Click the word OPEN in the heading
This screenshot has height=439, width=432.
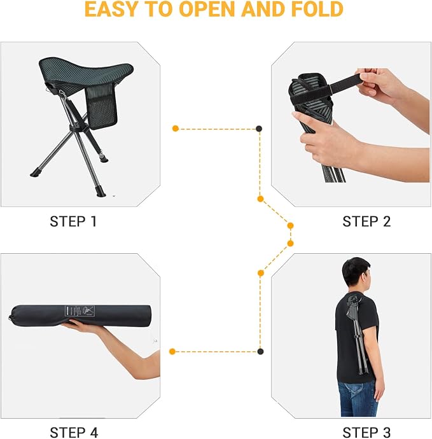click(x=207, y=10)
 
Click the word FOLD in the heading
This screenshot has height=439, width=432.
click(x=317, y=10)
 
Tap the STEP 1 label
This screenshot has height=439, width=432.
click(x=73, y=221)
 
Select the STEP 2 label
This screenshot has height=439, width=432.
click(x=366, y=221)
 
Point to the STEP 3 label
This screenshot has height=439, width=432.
click(x=366, y=432)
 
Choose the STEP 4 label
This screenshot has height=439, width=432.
click(x=74, y=432)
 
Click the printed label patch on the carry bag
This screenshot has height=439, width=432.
click(x=80, y=311)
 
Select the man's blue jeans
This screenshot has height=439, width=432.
click(x=358, y=398)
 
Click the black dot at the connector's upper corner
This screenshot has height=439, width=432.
click(x=259, y=129)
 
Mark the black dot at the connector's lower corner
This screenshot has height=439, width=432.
click(x=260, y=351)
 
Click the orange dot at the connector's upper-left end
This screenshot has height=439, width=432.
click(x=176, y=129)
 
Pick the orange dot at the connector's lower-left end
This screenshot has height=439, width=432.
click(x=172, y=351)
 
